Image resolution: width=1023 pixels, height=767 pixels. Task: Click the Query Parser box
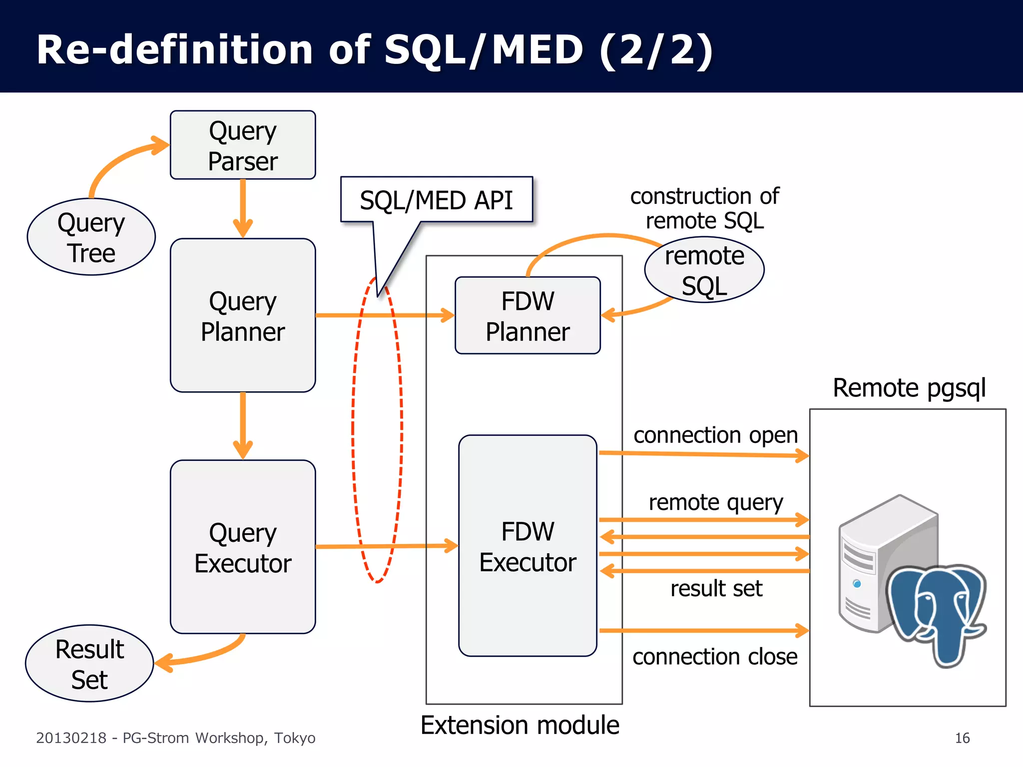[243, 145]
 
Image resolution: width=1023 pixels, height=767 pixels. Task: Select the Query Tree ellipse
[91, 237]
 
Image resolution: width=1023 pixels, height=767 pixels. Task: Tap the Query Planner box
[243, 316]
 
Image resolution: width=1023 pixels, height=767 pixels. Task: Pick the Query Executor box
[243, 547]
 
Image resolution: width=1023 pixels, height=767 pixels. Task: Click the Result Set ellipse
[89, 664]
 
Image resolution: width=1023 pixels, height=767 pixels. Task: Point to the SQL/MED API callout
[436, 200]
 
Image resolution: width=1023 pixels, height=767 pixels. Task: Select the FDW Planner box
[527, 316]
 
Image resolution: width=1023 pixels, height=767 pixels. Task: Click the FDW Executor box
[527, 546]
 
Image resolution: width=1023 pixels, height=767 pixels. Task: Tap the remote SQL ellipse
[704, 271]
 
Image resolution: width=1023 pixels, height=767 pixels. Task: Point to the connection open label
[715, 435]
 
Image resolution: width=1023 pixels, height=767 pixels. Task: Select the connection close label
[715, 657]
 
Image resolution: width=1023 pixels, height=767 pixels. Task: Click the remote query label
[715, 502]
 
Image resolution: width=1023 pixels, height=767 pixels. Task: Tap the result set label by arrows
[716, 589]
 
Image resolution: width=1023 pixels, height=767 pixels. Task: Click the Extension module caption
[519, 725]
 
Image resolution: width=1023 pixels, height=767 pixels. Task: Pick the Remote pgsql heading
[909, 388]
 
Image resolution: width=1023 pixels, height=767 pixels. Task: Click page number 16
[962, 738]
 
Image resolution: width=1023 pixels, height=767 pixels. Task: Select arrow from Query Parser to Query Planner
[243, 207]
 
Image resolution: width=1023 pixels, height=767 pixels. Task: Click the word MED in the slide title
[537, 50]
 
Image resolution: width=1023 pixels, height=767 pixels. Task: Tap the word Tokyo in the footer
[295, 738]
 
